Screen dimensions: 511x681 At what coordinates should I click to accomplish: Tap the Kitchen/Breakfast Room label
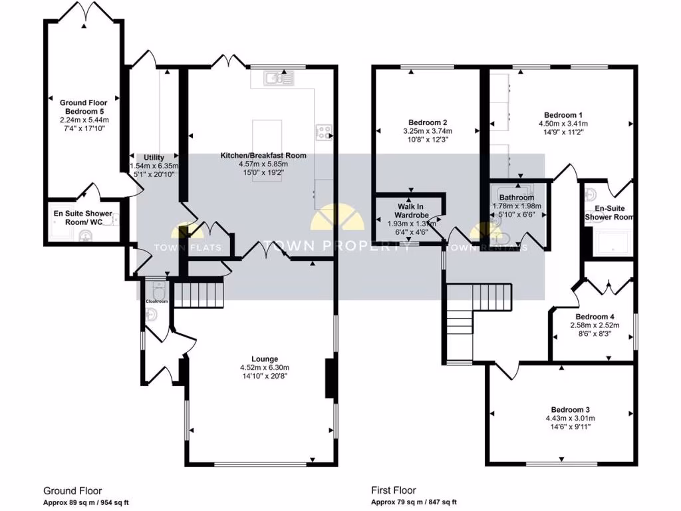point(263,156)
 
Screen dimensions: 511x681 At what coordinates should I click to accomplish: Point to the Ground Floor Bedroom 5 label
point(82,107)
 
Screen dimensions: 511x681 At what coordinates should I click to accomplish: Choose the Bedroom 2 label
point(426,122)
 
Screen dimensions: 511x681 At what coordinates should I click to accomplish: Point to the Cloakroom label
point(156,301)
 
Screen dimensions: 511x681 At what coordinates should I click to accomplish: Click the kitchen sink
point(275,79)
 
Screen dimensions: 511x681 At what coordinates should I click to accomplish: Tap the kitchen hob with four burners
point(325,132)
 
